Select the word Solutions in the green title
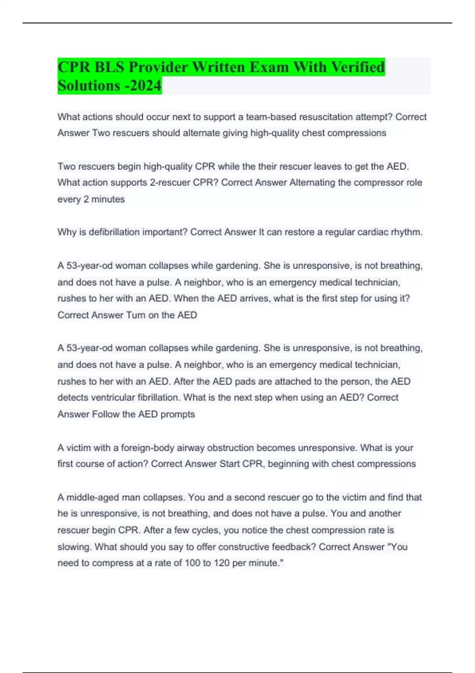click(89, 85)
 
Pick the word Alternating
click(312, 183)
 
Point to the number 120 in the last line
click(222, 563)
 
